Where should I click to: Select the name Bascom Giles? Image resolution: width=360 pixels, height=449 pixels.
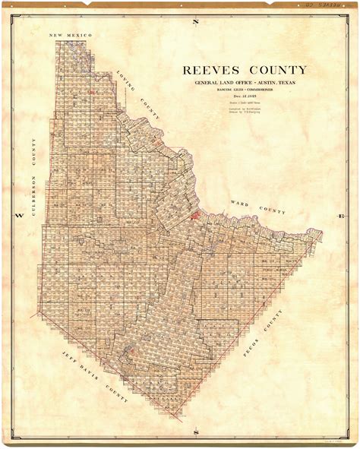click(x=220, y=92)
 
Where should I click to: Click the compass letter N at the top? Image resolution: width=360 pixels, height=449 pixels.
click(x=195, y=21)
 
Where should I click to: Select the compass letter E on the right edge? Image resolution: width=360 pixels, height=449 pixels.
click(x=340, y=217)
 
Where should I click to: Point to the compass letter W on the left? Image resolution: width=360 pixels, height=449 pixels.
click(x=21, y=217)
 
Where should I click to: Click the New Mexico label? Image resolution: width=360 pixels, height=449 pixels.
click(x=70, y=36)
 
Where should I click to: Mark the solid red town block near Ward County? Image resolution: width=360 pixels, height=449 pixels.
click(x=196, y=216)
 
